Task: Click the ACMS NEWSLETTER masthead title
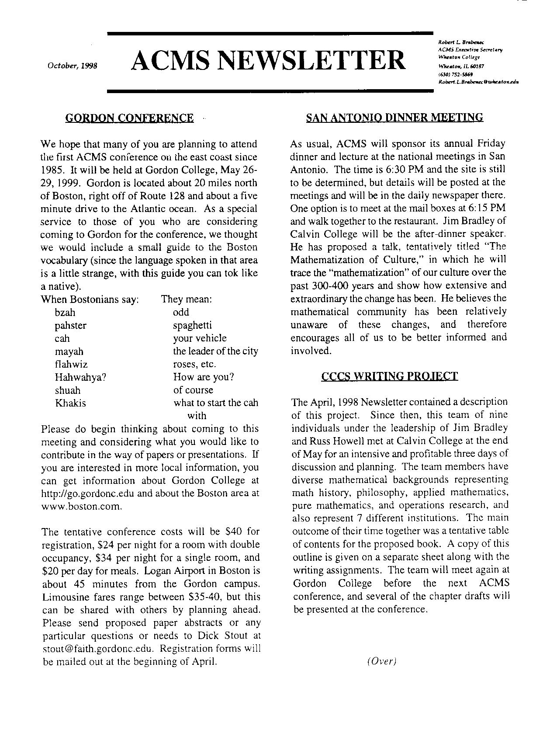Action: click(268, 60)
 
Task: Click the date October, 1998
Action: click(73, 66)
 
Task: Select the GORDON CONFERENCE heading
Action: click(129, 118)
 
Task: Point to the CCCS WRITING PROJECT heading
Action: click(389, 376)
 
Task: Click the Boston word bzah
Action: click(65, 313)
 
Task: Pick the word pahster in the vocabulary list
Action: click(70, 326)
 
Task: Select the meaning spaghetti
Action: click(192, 325)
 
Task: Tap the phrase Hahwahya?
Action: click(81, 377)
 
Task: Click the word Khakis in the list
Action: click(70, 403)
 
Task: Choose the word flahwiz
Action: click(71, 364)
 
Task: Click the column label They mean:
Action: click(187, 299)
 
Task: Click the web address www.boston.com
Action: click(81, 507)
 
